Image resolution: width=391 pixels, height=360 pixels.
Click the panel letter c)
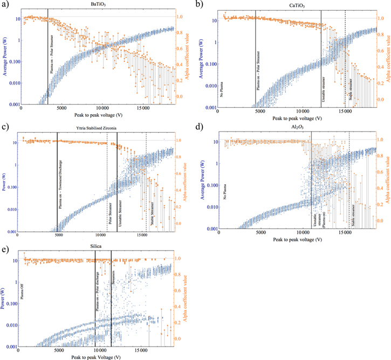coord(4,127)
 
